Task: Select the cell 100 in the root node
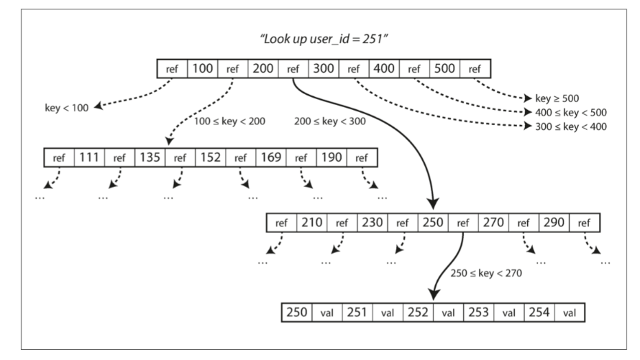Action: (202, 69)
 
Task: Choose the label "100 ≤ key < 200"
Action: (230, 121)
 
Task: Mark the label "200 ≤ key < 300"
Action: (331, 121)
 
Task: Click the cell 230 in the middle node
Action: (372, 223)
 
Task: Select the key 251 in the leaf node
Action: (357, 313)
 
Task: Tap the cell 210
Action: (311, 223)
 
